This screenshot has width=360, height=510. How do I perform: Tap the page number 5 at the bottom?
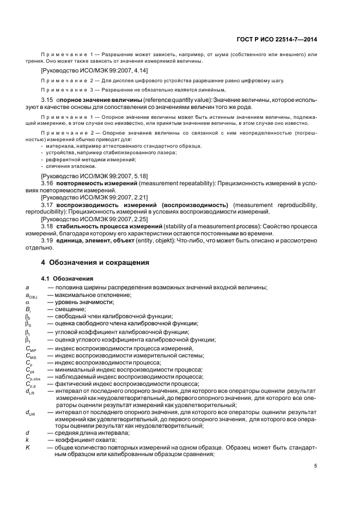316,465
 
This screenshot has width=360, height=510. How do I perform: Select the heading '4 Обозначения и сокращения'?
96,262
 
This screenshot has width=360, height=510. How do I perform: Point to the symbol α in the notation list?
27,302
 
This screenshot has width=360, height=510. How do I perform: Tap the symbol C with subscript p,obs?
32,377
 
